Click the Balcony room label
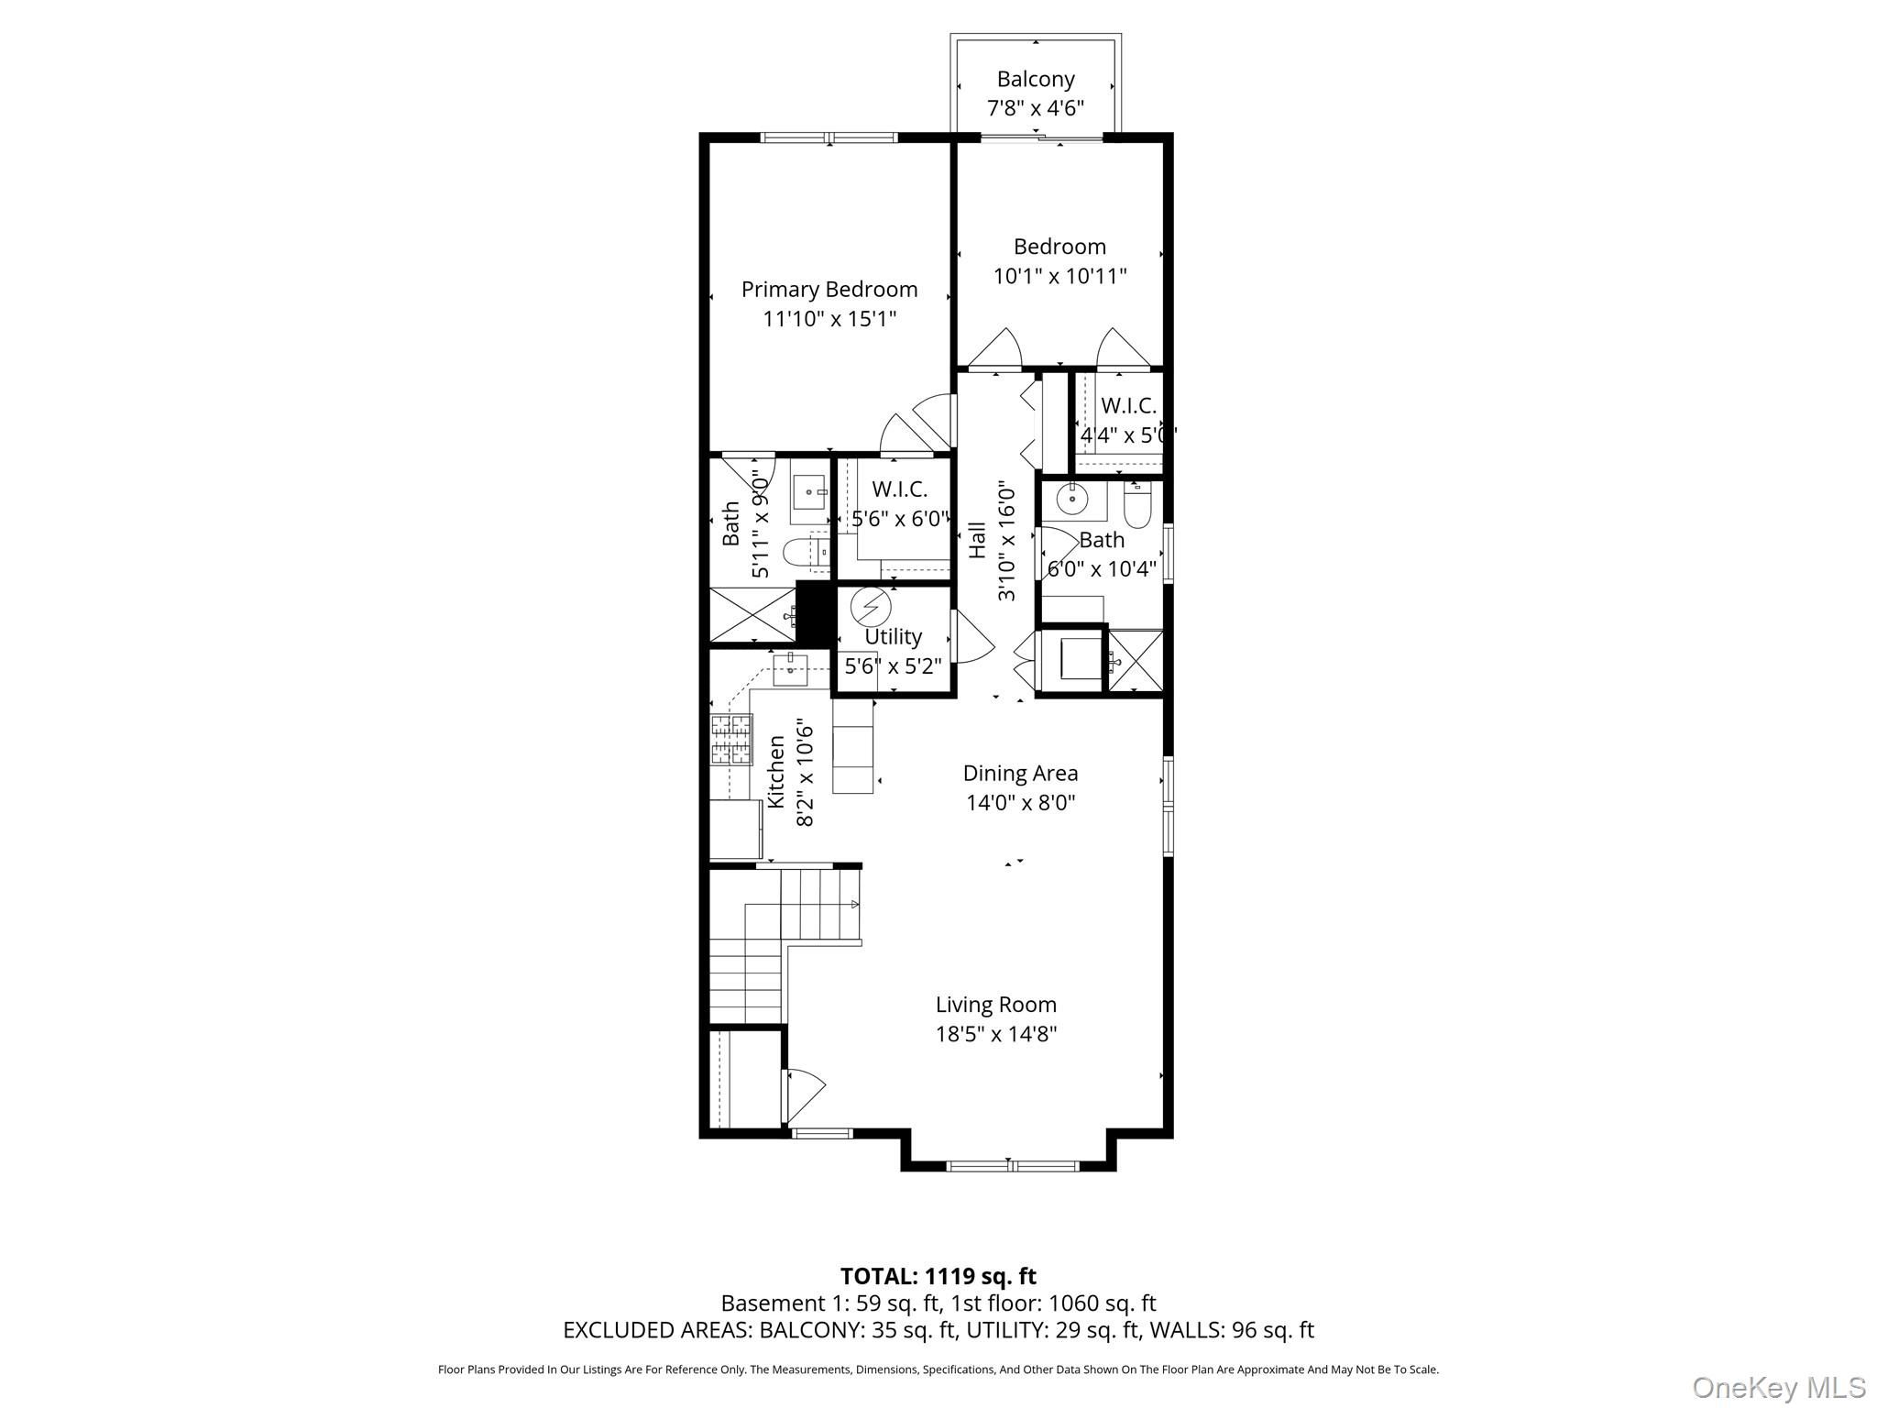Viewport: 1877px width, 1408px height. tap(1036, 80)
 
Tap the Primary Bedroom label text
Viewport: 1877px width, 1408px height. tap(829, 290)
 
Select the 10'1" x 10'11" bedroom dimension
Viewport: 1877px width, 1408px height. tap(1060, 276)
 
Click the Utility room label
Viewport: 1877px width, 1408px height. tap(894, 636)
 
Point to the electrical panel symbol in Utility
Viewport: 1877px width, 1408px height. tap(870, 607)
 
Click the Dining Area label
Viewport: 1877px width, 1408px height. tap(1020, 774)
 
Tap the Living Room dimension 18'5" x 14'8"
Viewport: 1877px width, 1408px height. tap(996, 1034)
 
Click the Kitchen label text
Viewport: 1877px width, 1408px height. tap(776, 772)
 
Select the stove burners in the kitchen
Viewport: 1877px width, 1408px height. tap(731, 740)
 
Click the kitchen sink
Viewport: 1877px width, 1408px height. tap(790, 669)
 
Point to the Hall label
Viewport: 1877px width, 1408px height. tap(977, 540)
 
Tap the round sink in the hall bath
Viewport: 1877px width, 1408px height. tap(1070, 500)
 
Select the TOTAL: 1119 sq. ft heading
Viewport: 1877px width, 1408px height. tap(938, 1276)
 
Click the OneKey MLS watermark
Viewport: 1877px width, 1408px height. tap(1779, 1388)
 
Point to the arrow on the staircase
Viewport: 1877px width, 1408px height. tap(855, 905)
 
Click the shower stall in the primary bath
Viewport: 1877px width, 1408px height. tap(753, 615)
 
